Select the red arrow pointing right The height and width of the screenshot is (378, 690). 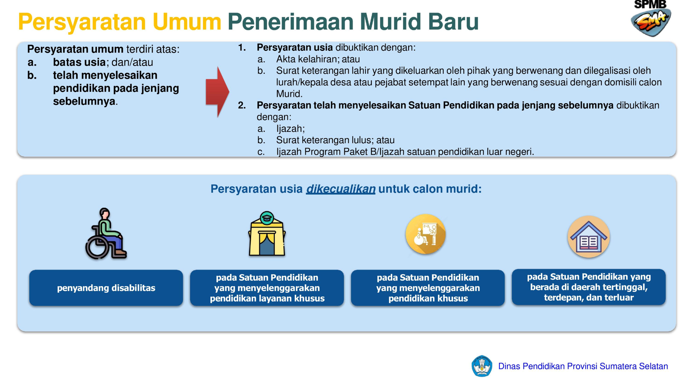(218, 92)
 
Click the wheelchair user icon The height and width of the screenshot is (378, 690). (106, 233)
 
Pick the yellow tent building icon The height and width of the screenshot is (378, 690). (267, 233)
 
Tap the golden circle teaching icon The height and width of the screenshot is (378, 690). (426, 234)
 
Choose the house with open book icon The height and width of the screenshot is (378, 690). (589, 237)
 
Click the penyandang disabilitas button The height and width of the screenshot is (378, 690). (106, 288)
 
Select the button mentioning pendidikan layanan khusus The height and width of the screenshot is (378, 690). (267, 288)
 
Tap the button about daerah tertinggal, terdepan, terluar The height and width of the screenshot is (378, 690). (589, 287)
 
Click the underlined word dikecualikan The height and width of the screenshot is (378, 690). (341, 189)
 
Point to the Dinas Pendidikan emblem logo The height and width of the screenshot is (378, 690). (482, 366)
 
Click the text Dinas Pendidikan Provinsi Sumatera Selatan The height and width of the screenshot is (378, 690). (583, 366)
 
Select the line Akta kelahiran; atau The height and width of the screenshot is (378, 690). (318, 59)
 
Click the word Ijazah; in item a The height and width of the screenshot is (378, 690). (290, 128)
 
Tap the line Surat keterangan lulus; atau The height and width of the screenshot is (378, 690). (335, 140)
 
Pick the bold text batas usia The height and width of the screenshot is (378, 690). (79, 62)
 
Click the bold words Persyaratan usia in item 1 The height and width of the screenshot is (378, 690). (295, 48)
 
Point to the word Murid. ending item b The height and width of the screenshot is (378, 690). (289, 94)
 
